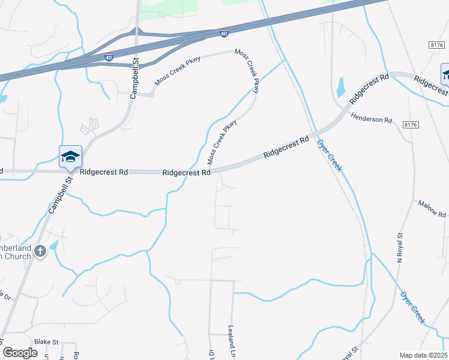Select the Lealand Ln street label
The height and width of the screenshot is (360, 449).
point(231,340)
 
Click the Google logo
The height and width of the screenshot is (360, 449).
point(20,353)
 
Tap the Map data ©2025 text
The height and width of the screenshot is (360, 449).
point(423,355)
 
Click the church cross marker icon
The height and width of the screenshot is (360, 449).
point(40,251)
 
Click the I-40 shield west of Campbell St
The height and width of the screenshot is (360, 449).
point(109,58)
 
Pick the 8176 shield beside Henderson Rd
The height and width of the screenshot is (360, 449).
point(411,124)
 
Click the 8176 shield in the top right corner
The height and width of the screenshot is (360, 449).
point(437,44)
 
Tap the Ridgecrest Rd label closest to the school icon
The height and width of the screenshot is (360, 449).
point(103,172)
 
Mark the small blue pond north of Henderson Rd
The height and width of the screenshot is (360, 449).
point(341,88)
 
